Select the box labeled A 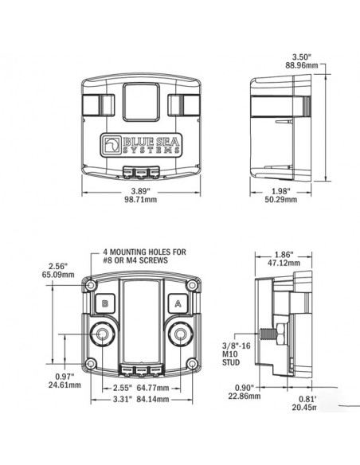pyautogui.click(x=177, y=302)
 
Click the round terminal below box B pyautogui.click(x=103, y=334)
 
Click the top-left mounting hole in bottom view pyautogui.click(x=93, y=284)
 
